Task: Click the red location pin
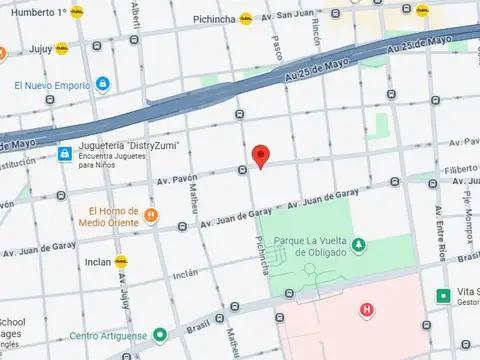[x=261, y=156]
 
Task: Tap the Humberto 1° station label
[x=35, y=13]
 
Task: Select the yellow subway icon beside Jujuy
[x=62, y=47]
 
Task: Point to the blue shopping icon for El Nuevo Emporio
[x=101, y=84]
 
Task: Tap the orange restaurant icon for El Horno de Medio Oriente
[x=151, y=215]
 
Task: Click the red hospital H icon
[x=367, y=310]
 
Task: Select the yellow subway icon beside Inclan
[x=121, y=261]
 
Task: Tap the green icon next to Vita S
[x=443, y=295]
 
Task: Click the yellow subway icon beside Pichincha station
[x=245, y=18]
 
